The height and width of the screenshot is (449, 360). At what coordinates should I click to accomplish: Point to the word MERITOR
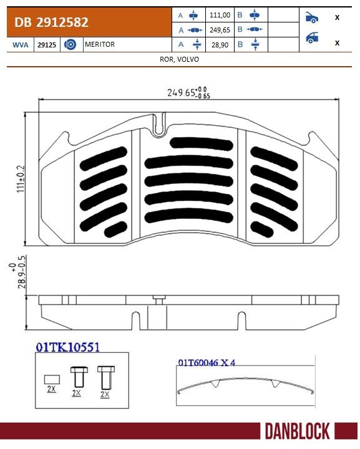click(100, 45)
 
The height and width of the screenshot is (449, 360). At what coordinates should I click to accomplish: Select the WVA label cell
click(20, 45)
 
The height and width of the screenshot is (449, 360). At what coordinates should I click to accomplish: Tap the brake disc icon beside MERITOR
click(70, 45)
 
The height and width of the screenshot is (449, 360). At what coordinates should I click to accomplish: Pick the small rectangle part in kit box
click(51, 378)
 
